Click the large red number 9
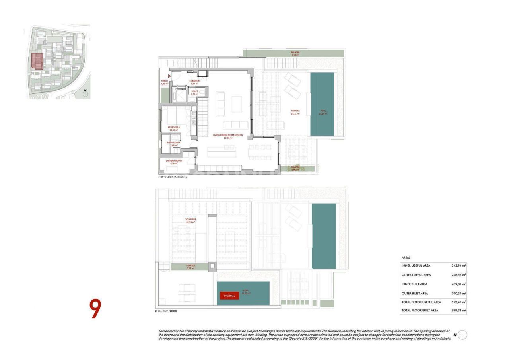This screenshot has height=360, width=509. click(x=95, y=309)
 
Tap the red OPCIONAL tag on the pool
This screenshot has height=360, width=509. click(x=229, y=296)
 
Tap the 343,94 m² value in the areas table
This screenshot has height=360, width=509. click(x=458, y=265)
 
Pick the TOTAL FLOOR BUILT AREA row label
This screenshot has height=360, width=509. click(x=420, y=310)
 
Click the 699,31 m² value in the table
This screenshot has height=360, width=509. click(x=458, y=310)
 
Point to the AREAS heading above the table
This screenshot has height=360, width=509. click(x=406, y=258)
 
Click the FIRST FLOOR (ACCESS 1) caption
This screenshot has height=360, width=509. click(x=172, y=177)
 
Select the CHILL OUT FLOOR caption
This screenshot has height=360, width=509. click(x=166, y=311)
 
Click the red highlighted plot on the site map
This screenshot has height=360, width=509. click(x=37, y=61)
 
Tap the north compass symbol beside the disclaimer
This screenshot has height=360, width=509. click(x=462, y=335)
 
